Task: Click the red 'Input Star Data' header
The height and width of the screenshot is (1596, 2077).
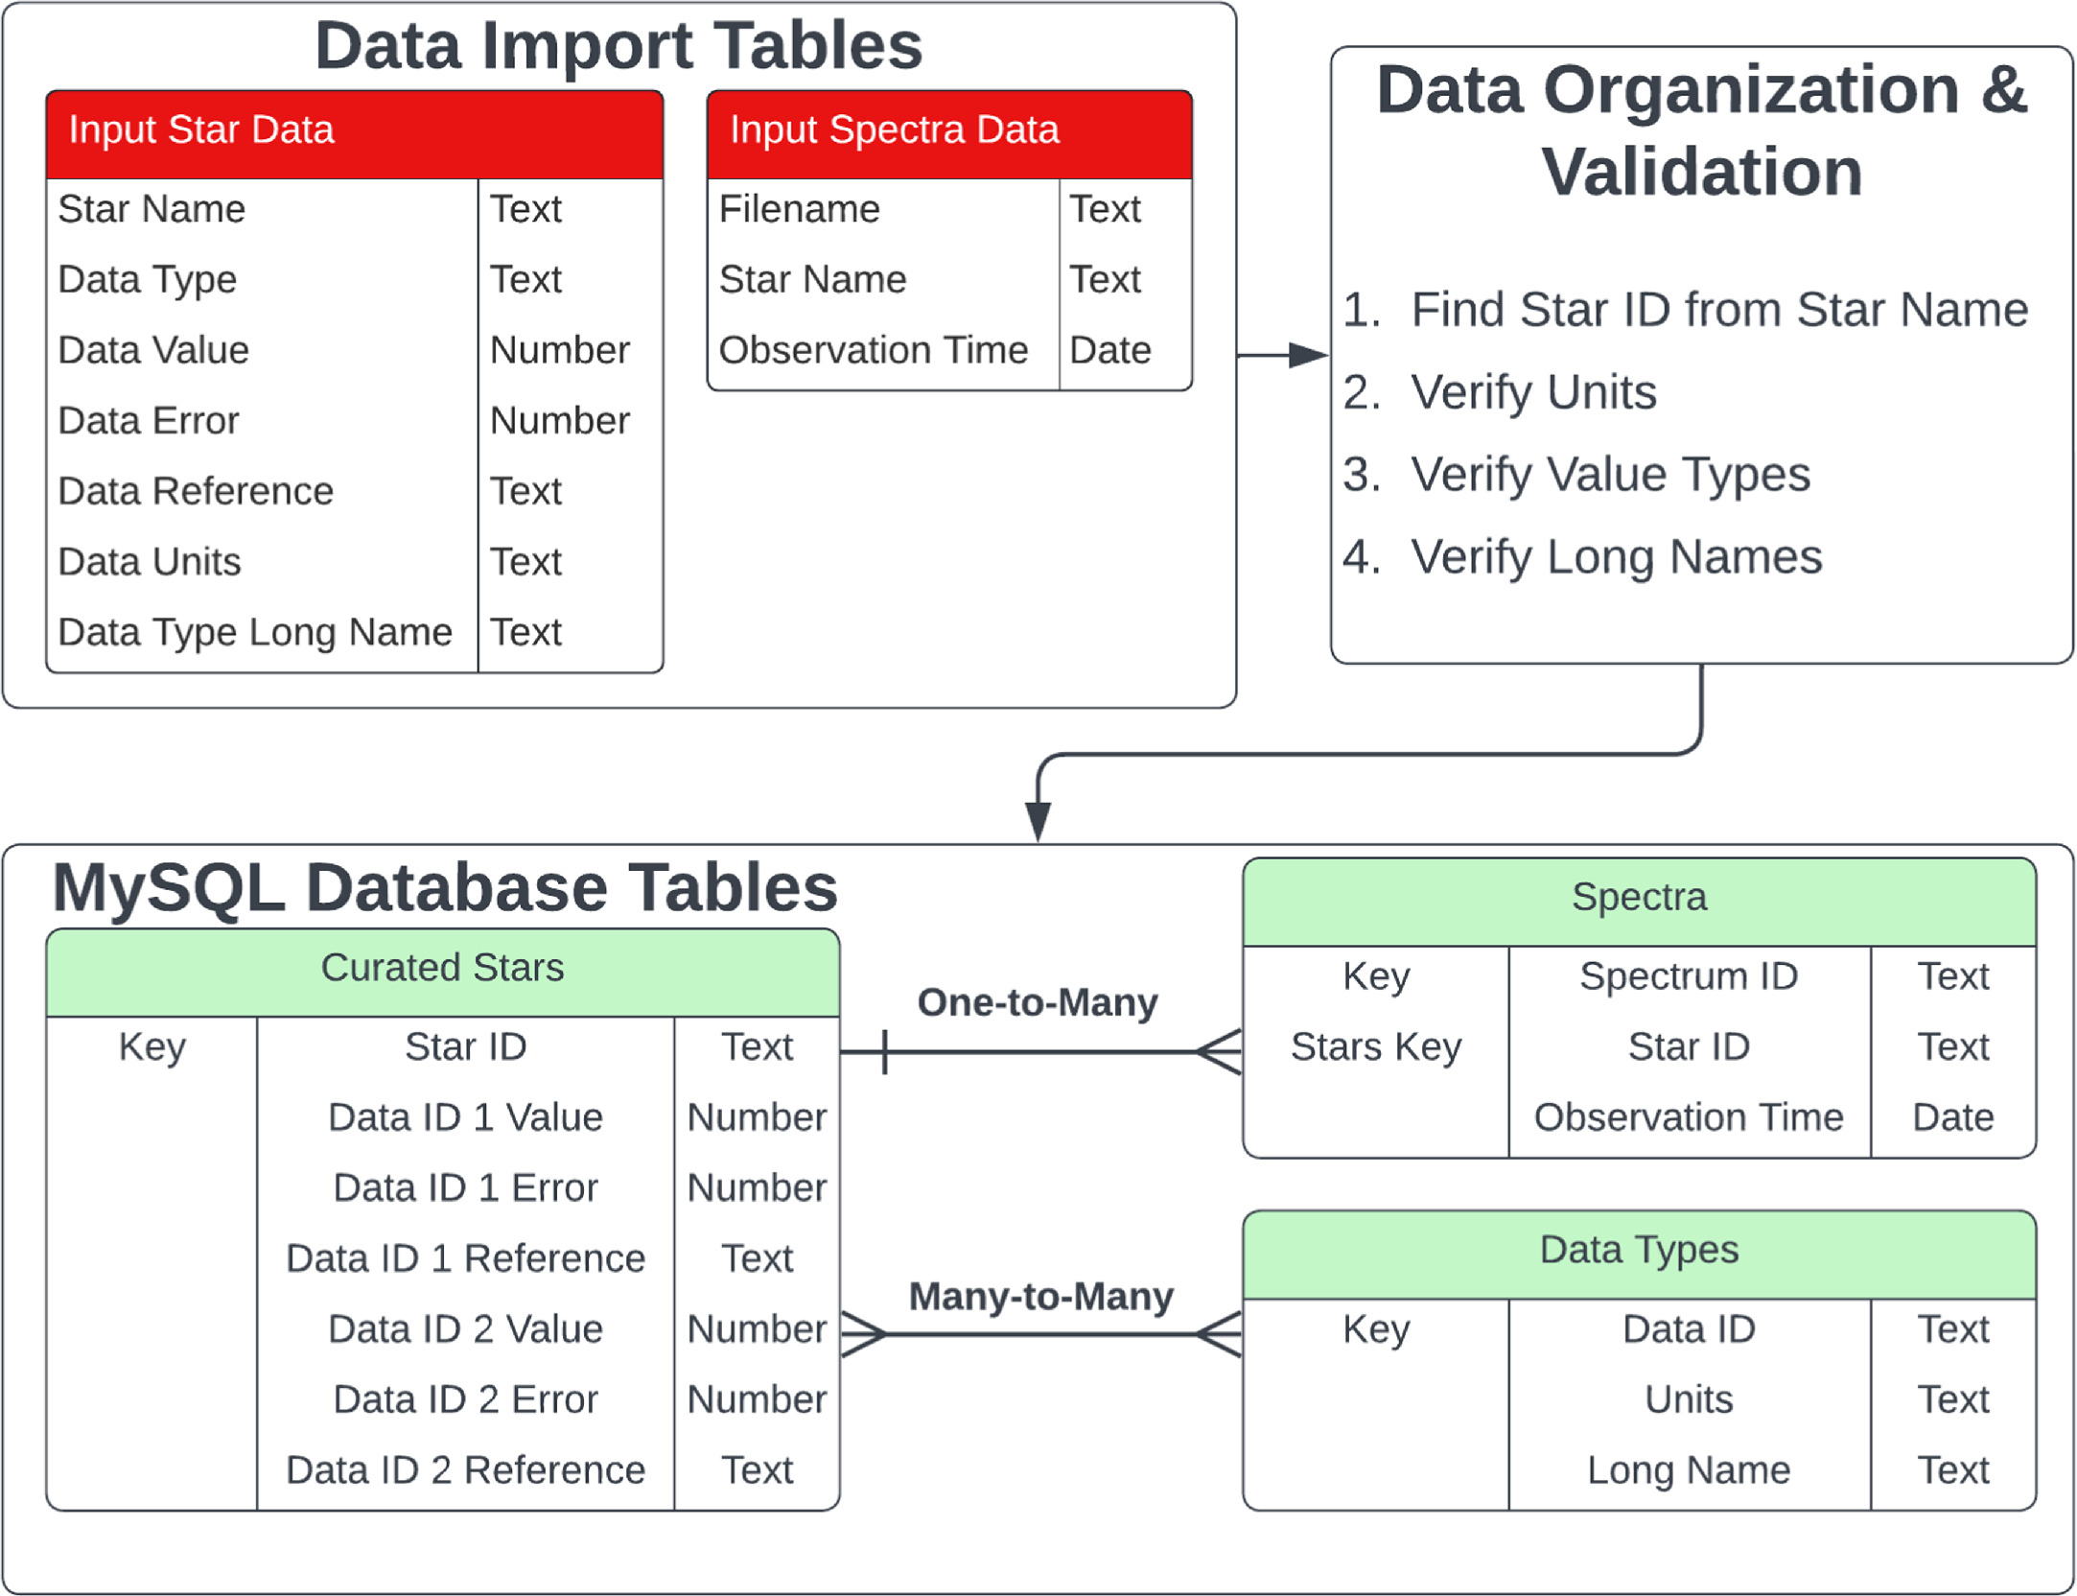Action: click(x=355, y=134)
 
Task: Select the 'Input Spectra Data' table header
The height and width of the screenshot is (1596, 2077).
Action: click(x=949, y=134)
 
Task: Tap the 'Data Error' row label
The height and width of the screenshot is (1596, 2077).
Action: click(x=149, y=420)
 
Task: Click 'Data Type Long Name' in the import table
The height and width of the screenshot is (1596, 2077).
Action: click(x=255, y=632)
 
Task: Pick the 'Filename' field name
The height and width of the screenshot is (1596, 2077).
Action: click(x=799, y=209)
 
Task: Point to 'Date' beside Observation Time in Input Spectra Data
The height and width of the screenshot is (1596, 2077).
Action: click(x=1110, y=350)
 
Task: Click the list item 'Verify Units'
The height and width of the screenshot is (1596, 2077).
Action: click(x=1533, y=392)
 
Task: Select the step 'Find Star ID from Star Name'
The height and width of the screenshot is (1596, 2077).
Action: click(x=1719, y=310)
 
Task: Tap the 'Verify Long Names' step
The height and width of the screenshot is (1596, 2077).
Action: click(x=1616, y=557)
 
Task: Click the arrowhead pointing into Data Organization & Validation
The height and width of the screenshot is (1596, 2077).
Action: click(x=1310, y=355)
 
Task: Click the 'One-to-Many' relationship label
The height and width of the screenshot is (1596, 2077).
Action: click(x=1038, y=1002)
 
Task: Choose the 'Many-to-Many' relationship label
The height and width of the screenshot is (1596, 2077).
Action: click(x=1041, y=1297)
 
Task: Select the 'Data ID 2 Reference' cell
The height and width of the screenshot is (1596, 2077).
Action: click(x=466, y=1470)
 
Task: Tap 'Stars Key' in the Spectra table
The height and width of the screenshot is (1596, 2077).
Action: click(x=1376, y=1047)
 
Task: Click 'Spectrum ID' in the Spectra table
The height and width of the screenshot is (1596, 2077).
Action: click(x=1689, y=976)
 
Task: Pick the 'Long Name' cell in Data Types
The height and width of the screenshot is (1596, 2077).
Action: click(x=1689, y=1470)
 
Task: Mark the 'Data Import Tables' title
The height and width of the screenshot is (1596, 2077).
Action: click(x=618, y=46)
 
